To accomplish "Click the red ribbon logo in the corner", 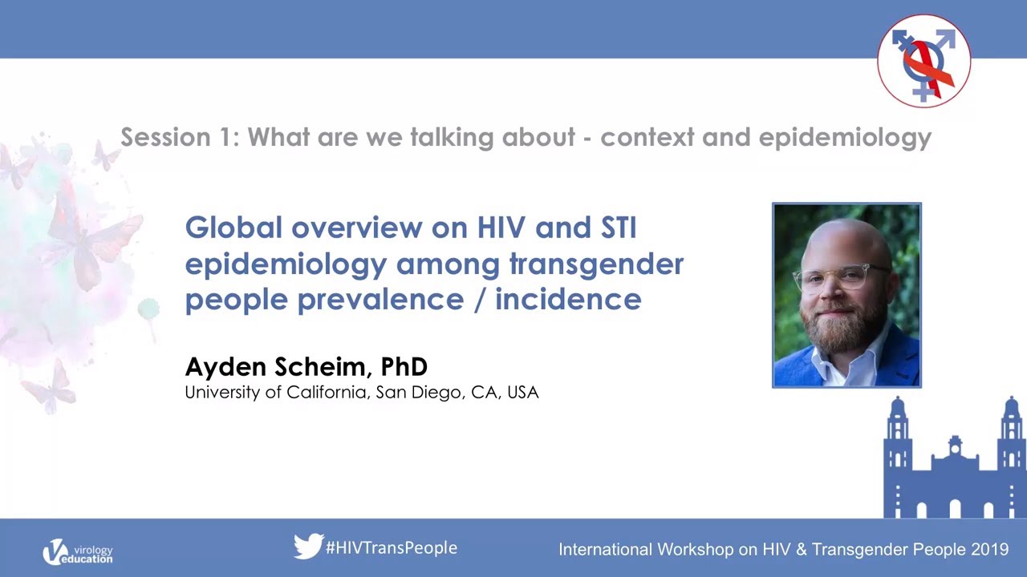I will pos(923,61).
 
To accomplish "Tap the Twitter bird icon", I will pos(308,547).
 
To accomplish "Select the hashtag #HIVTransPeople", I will pos(392,548).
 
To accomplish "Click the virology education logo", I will pos(78,552).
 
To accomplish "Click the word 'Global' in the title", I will pos(233,228).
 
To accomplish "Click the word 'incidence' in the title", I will pos(568,300).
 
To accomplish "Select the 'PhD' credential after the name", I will pos(404,367).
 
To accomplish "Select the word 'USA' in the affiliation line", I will pos(523,393).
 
